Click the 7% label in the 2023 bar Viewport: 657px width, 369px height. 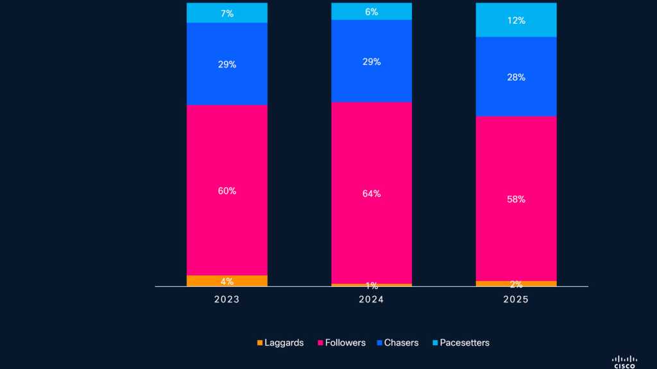coord(227,13)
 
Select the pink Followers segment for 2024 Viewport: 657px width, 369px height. coord(371,160)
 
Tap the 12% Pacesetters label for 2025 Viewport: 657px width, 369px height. coord(516,20)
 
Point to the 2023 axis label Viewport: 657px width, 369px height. coord(227,300)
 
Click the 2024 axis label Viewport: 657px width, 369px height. coord(371,300)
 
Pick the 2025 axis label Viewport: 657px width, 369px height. coord(516,300)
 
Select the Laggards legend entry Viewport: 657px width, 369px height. coord(280,343)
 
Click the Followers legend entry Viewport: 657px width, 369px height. coord(341,343)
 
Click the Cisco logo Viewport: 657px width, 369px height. coord(624,361)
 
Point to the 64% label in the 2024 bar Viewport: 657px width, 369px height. coord(371,193)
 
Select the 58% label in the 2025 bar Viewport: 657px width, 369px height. coord(516,199)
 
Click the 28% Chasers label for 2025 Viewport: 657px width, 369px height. coord(516,78)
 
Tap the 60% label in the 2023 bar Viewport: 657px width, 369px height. coord(227,191)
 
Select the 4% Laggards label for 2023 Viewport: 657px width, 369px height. coord(227,281)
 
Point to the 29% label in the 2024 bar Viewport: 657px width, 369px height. coord(371,61)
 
